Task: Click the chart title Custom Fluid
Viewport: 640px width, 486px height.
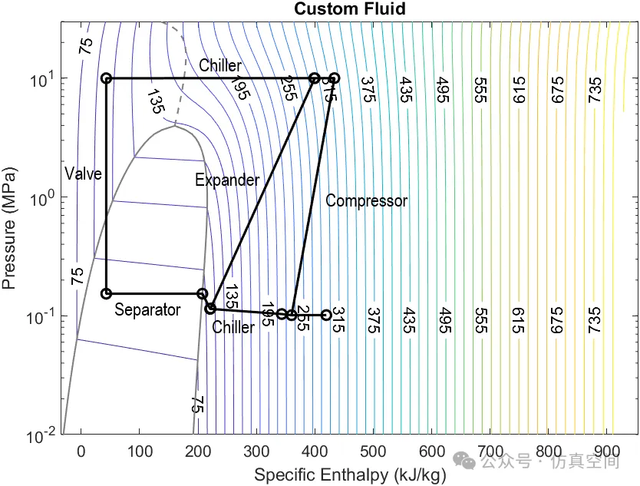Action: tap(350, 9)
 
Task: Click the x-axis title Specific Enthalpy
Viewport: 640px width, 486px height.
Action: tap(349, 474)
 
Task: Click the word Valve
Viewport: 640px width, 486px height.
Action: tap(83, 174)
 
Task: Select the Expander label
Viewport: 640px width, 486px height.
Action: tap(227, 180)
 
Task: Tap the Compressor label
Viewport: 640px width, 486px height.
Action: tap(366, 200)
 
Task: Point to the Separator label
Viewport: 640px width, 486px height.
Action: tap(147, 310)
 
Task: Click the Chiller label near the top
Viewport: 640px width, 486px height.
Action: tap(220, 65)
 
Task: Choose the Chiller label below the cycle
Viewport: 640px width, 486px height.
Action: tap(233, 328)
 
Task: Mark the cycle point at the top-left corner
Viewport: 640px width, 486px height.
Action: tap(107, 78)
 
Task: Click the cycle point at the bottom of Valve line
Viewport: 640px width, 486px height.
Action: tap(107, 293)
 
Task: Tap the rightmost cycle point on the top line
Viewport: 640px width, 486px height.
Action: tap(335, 78)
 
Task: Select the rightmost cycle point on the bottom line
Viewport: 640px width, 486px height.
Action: tap(326, 315)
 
